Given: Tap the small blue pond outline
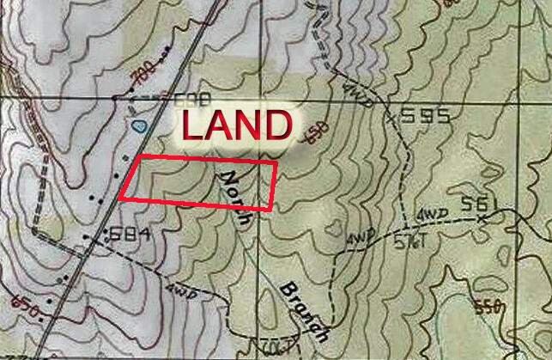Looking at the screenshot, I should click(138, 125).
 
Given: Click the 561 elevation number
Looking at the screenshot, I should click(479, 204).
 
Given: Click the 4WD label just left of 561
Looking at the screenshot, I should click(427, 212).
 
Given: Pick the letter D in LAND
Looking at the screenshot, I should click(275, 125).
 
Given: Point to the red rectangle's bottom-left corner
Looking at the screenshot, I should click(118, 198).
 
